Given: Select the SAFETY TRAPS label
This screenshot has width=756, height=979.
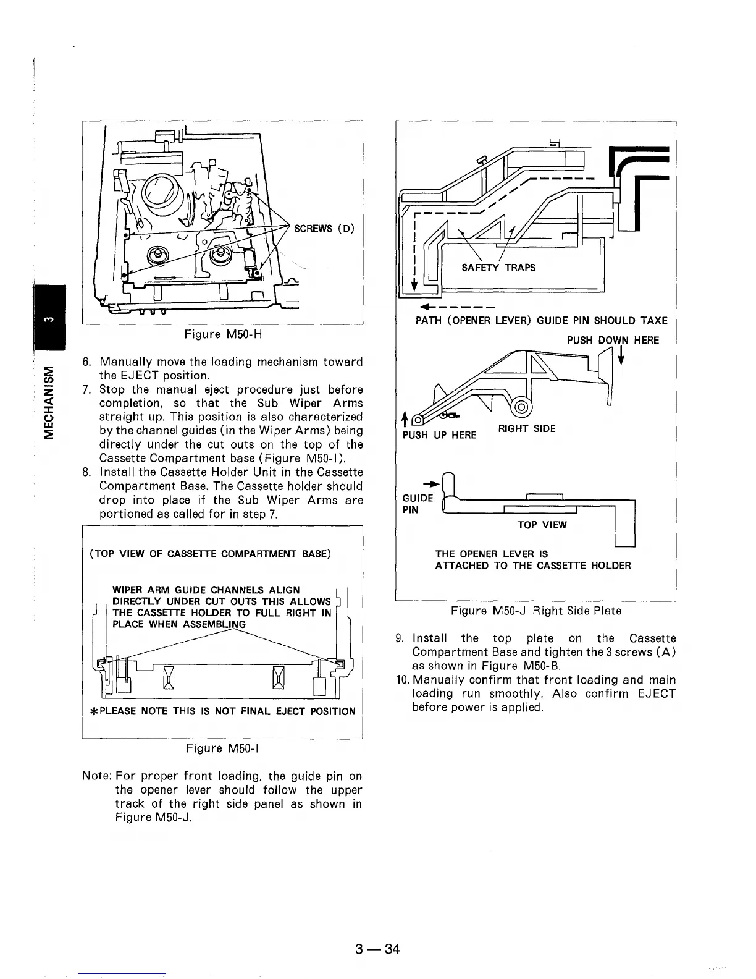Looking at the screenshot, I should click(498, 267).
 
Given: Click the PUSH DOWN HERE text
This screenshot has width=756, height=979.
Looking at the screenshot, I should click(613, 340).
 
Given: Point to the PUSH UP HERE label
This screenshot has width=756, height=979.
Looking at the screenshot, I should click(439, 434).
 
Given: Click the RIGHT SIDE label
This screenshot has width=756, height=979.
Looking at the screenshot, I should click(526, 428).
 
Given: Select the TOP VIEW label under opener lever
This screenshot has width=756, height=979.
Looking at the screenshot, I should click(542, 525).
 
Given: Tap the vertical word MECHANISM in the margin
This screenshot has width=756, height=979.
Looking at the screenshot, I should click(46, 402).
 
